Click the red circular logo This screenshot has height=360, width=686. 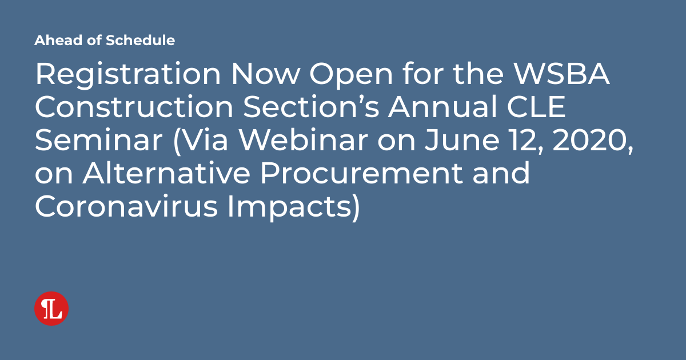[51, 309]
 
